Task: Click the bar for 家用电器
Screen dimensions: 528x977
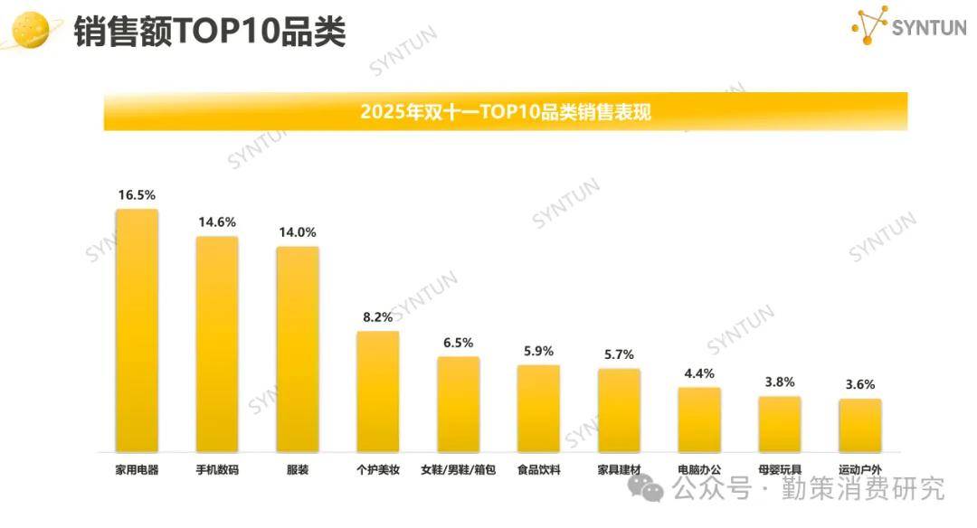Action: (x=137, y=330)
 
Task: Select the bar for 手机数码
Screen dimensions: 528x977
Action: (x=217, y=344)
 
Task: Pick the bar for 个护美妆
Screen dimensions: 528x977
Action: (x=377, y=391)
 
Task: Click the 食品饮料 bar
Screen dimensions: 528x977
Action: (x=538, y=408)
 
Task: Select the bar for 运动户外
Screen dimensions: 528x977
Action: (x=859, y=425)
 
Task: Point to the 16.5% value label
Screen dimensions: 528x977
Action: (x=137, y=194)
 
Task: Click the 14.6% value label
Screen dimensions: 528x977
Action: (x=217, y=222)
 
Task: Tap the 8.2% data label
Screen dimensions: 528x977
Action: (x=377, y=316)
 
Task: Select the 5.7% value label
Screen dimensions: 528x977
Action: (x=619, y=354)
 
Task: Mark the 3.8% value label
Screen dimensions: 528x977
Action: (x=779, y=382)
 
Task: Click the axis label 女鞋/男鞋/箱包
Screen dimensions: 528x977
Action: (x=458, y=470)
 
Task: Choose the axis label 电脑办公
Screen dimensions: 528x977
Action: (x=699, y=470)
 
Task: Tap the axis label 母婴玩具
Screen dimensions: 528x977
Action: (x=779, y=470)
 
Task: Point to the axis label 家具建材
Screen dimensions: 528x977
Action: (x=619, y=470)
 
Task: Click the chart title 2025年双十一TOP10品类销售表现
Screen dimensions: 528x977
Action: (x=505, y=112)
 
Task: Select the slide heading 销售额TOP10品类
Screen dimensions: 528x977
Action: (x=209, y=32)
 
